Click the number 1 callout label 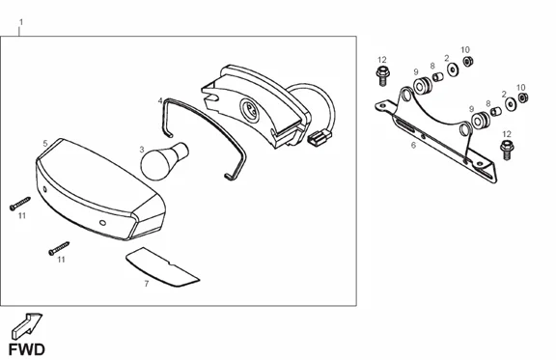(21, 22)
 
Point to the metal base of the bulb (181, 151)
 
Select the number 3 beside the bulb (142, 150)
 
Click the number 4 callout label (160, 100)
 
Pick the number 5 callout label (45, 143)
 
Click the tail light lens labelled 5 (100, 189)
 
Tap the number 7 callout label (147, 284)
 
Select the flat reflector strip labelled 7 (162, 266)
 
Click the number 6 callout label (413, 145)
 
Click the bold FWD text (27, 349)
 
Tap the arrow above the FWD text (27, 326)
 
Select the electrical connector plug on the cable (319, 137)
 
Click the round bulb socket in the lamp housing (250, 109)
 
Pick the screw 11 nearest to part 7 (59, 248)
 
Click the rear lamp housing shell (255, 106)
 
